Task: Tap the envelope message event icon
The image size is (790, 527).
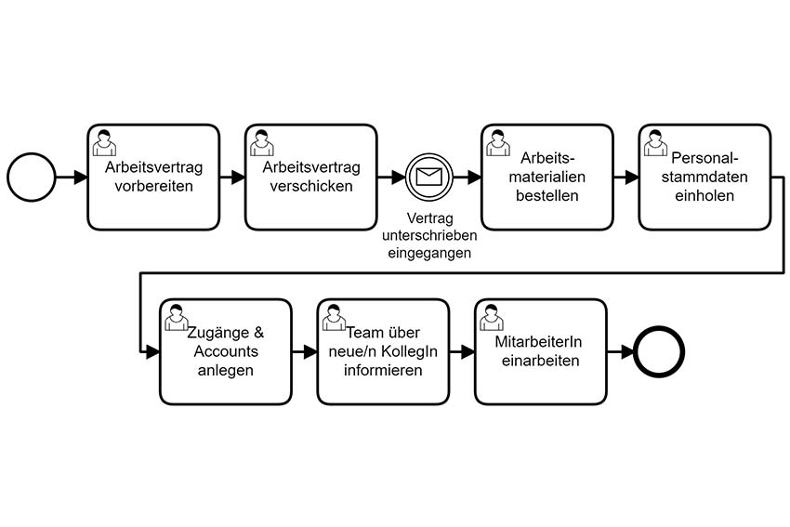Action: pyautogui.click(x=429, y=177)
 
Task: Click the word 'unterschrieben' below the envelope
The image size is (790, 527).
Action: pyautogui.click(x=429, y=235)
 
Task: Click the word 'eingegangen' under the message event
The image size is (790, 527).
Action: pyautogui.click(x=429, y=253)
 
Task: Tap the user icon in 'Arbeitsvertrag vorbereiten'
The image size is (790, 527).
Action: pyautogui.click(x=104, y=143)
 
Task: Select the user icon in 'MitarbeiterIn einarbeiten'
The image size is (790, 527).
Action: pyautogui.click(x=492, y=318)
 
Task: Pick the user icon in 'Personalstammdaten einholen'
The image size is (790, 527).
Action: pyautogui.click(x=655, y=143)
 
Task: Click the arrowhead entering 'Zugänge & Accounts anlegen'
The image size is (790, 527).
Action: pyautogui.click(x=152, y=351)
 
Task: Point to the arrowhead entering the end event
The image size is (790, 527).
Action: pyautogui.click(x=627, y=351)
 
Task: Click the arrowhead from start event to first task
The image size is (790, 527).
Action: pyautogui.click(x=81, y=177)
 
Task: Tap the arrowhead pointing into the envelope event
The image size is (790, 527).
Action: pyautogui.click(x=399, y=177)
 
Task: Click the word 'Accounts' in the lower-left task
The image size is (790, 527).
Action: pyautogui.click(x=226, y=351)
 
